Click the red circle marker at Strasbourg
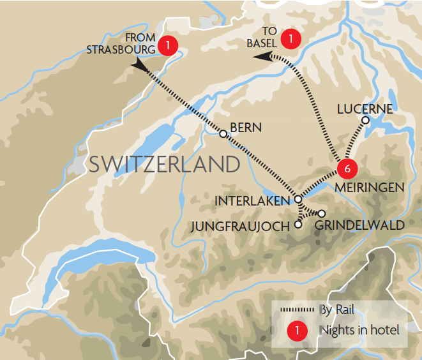pyautogui.click(x=167, y=45)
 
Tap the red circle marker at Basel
pyautogui.click(x=291, y=38)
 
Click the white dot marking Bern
pyautogui.click(x=223, y=134)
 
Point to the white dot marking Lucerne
pyautogui.click(x=365, y=120)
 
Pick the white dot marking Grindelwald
pyautogui.click(x=322, y=213)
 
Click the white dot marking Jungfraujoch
pyautogui.click(x=298, y=225)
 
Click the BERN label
pyautogui.click(x=246, y=128)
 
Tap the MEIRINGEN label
pyautogui.click(x=370, y=187)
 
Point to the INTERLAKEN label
pyautogui.click(x=253, y=200)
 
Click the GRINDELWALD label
pyautogui.click(x=360, y=225)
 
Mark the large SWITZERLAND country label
pyautogui.click(x=164, y=164)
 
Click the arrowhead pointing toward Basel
pyautogui.click(x=260, y=57)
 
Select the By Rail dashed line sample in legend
pyautogui.click(x=298, y=310)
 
